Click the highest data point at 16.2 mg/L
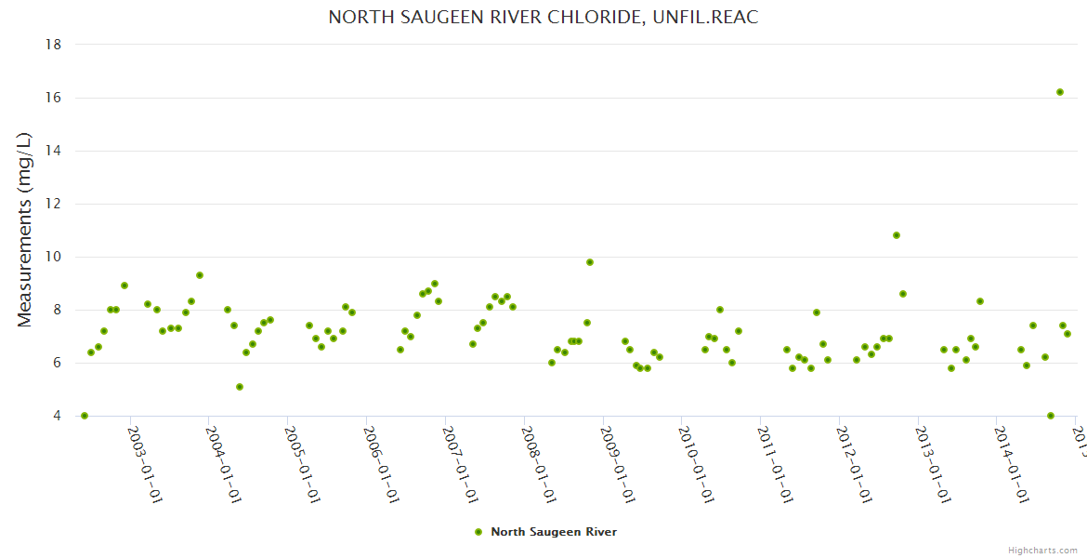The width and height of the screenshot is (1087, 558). pyautogui.click(x=1059, y=92)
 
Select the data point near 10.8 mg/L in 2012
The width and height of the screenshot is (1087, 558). pyautogui.click(x=897, y=235)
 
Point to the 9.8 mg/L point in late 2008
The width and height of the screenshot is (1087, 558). pyautogui.click(x=590, y=262)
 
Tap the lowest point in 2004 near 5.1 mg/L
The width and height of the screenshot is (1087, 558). pyautogui.click(x=240, y=387)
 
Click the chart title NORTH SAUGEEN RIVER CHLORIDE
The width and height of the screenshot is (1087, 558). pyautogui.click(x=543, y=18)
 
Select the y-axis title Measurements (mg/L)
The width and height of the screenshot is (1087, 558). pyautogui.click(x=25, y=230)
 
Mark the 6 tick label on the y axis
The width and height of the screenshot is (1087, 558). pyautogui.click(x=58, y=363)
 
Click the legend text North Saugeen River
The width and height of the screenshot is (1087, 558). pyautogui.click(x=554, y=532)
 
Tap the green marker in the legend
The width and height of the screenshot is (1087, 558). pyautogui.click(x=478, y=532)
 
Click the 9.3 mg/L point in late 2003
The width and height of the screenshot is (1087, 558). pyautogui.click(x=200, y=275)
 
